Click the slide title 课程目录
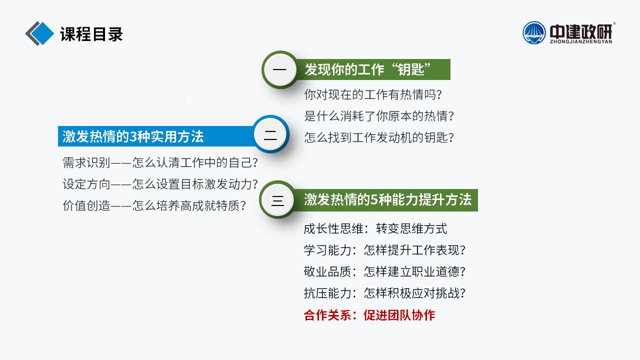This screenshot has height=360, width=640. [x=91, y=34]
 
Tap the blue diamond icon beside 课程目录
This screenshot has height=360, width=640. [x=42, y=33]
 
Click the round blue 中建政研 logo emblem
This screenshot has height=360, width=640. [x=534, y=33]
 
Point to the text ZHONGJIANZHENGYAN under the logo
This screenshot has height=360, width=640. [x=581, y=41]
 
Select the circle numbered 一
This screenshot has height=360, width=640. [x=280, y=69]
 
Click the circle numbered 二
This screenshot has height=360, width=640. [x=270, y=134]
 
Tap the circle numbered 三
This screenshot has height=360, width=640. [x=277, y=199]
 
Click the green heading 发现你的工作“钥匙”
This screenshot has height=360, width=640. [x=367, y=69]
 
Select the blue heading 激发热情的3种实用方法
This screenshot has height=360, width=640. [x=133, y=136]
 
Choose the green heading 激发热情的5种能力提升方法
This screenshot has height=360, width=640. [x=387, y=199]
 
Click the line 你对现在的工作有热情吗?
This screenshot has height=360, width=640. [x=373, y=94]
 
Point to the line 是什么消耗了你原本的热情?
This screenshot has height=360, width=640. [x=379, y=116]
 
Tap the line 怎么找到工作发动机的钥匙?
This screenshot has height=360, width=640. [x=379, y=137]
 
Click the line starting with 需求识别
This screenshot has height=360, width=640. [x=160, y=162]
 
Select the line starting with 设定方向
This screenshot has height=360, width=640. [x=160, y=184]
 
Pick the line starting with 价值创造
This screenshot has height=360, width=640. [x=154, y=205]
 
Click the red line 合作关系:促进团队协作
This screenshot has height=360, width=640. [x=369, y=315]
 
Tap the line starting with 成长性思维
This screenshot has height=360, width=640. [x=375, y=228]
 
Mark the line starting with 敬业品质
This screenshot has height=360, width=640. [x=384, y=271]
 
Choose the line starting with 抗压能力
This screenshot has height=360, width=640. [x=384, y=293]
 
